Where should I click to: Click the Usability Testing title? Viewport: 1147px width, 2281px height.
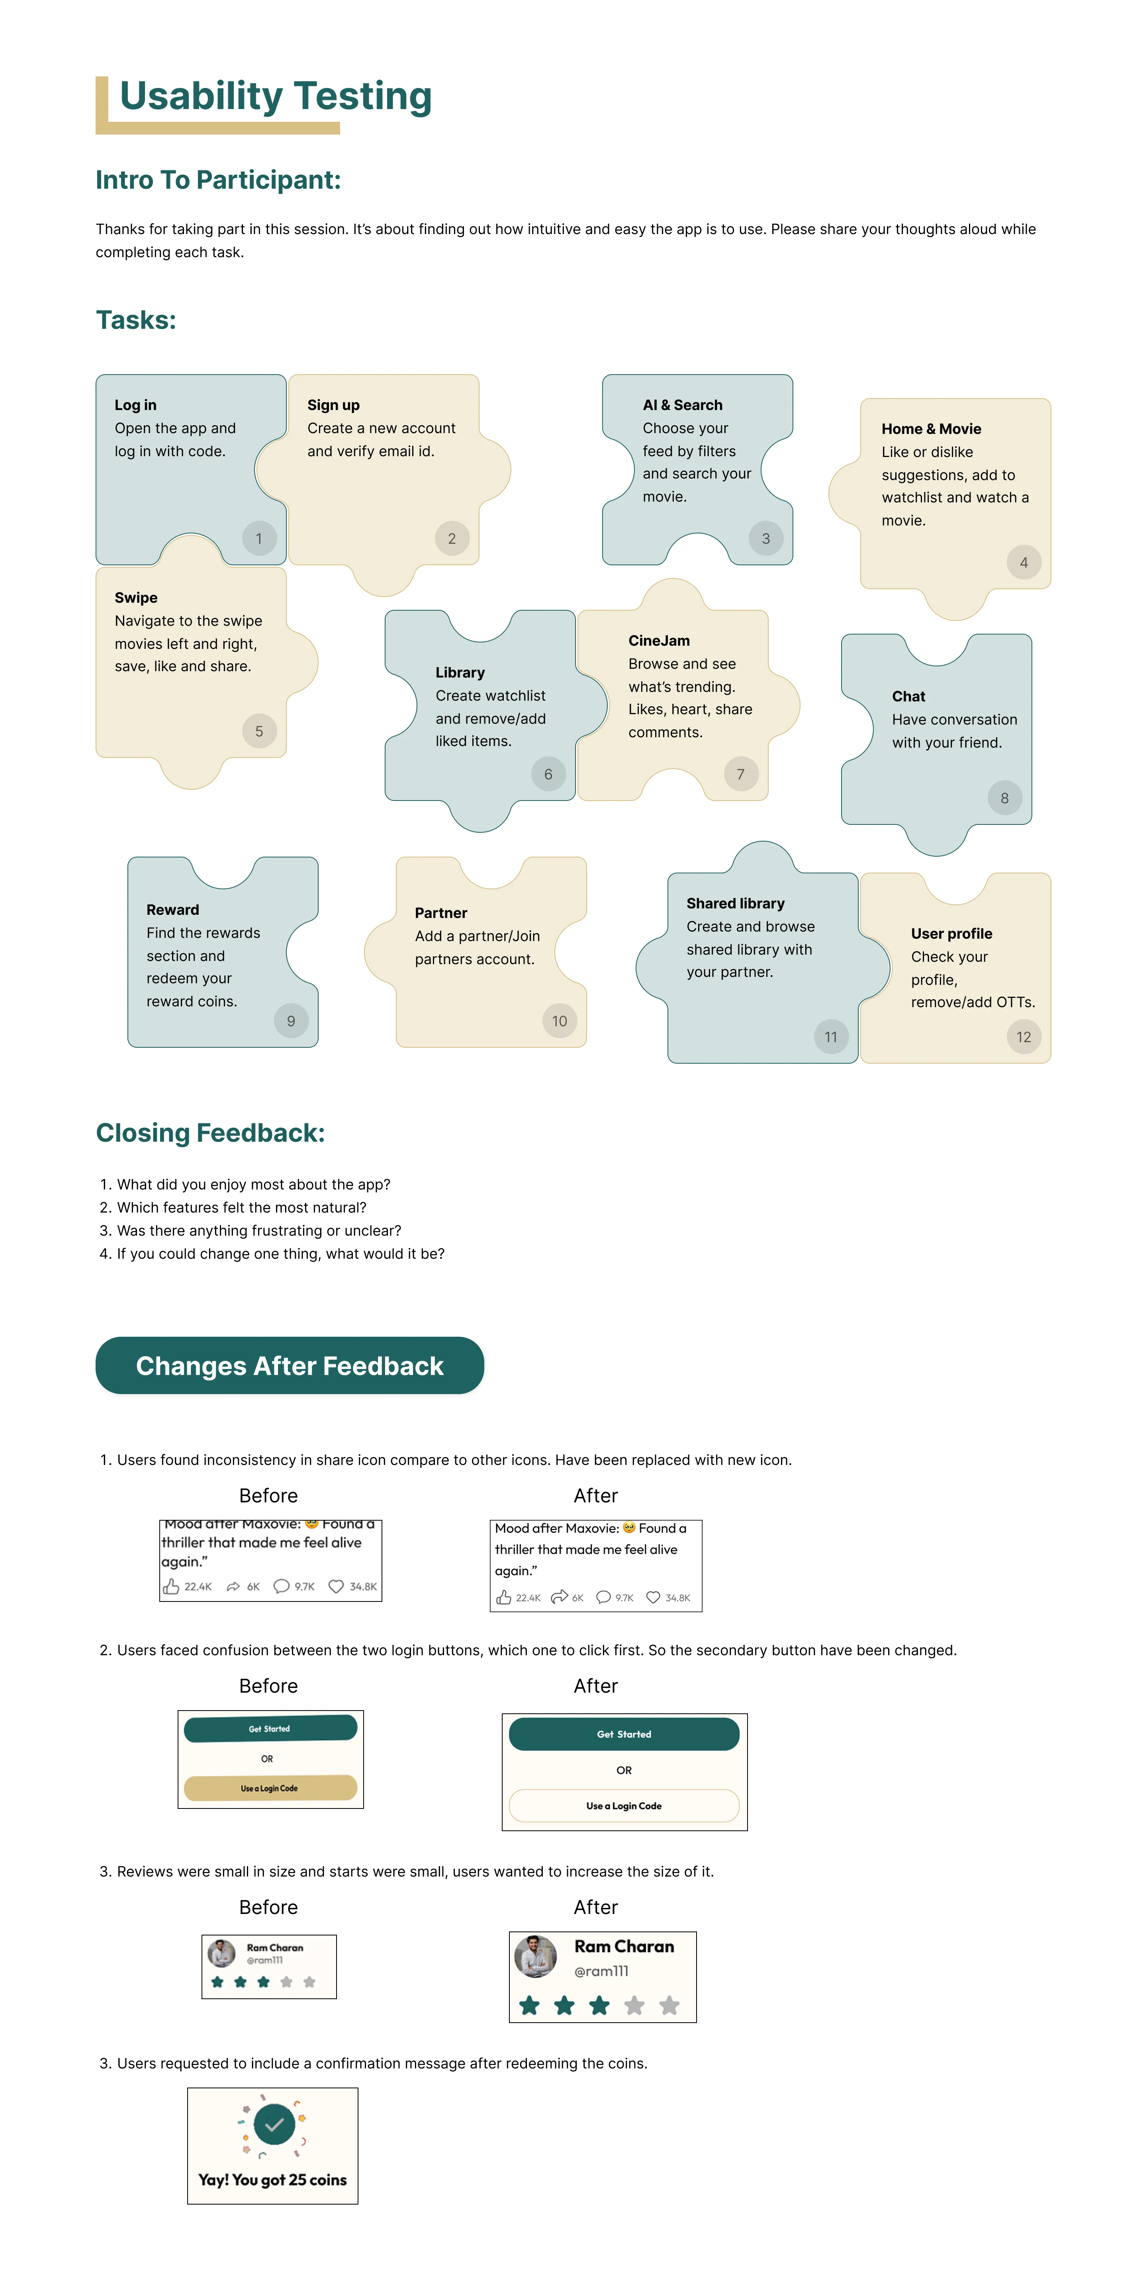click(x=276, y=96)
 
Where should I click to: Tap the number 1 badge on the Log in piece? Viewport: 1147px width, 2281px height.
click(x=258, y=538)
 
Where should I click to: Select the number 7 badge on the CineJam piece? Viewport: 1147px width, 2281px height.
click(x=740, y=774)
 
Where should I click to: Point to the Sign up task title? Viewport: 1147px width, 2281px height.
click(x=333, y=405)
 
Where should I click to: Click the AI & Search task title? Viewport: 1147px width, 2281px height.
click(x=682, y=405)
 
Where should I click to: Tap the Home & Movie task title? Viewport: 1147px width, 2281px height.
click(x=931, y=429)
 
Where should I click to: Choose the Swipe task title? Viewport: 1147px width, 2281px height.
click(x=135, y=598)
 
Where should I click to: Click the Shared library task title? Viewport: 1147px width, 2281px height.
click(x=735, y=903)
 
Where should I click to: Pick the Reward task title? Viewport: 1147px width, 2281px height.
click(x=173, y=909)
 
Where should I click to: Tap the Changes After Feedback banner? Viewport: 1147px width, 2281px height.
click(x=290, y=1365)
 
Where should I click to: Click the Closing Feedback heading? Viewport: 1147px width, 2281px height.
click(x=210, y=1133)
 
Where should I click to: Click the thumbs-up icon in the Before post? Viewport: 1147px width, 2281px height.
click(x=171, y=1586)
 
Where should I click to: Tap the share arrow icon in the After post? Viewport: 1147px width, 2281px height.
click(x=559, y=1597)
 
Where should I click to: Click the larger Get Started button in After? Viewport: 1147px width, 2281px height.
click(x=624, y=1734)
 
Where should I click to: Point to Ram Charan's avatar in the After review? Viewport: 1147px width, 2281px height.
click(x=536, y=1957)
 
